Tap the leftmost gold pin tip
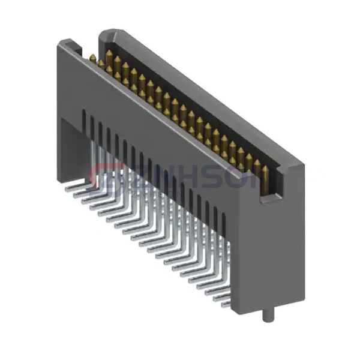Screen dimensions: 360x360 94,57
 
